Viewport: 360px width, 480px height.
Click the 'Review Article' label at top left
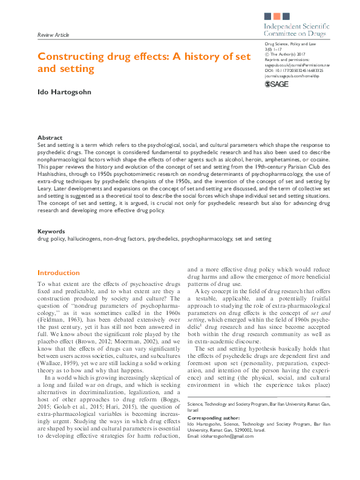coord(53,36)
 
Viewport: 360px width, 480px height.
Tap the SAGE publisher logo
coord(277,84)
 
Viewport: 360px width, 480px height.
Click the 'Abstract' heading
coord(50,138)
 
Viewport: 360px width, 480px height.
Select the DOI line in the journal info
coord(289,70)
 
